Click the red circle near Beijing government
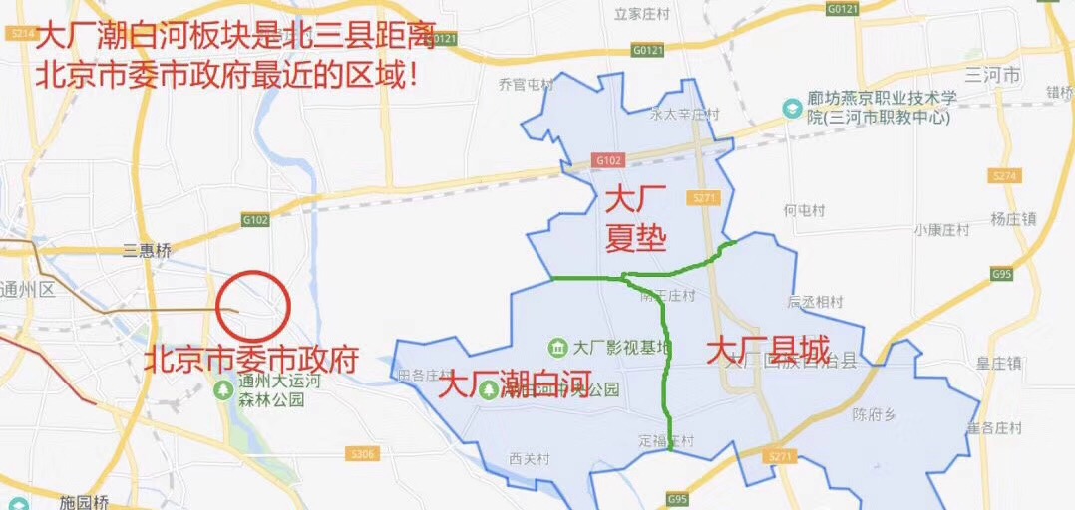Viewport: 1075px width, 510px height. pyautogui.click(x=253, y=304)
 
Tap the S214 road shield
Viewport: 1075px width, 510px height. pyautogui.click(x=19, y=33)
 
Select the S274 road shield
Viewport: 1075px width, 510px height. pyautogui.click(x=1006, y=175)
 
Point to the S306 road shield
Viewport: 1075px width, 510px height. pyautogui.click(x=364, y=454)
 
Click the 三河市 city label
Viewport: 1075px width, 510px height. pyautogui.click(x=993, y=76)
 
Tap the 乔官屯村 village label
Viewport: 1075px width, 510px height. pyautogui.click(x=526, y=85)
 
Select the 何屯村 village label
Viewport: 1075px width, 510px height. pyautogui.click(x=804, y=210)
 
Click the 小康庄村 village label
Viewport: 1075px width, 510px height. pyautogui.click(x=941, y=229)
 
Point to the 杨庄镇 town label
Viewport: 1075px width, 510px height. pyautogui.click(x=1014, y=219)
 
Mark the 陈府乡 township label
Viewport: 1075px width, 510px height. pyautogui.click(x=878, y=414)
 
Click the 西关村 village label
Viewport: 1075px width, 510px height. pyautogui.click(x=530, y=458)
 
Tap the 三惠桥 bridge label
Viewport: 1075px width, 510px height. pyautogui.click(x=148, y=251)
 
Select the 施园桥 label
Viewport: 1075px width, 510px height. pyautogui.click(x=84, y=501)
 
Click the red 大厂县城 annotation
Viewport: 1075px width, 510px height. pyautogui.click(x=768, y=351)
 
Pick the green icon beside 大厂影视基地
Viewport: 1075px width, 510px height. pyautogui.click(x=558, y=347)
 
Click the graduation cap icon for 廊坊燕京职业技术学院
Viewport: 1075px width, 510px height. pyautogui.click(x=791, y=107)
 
